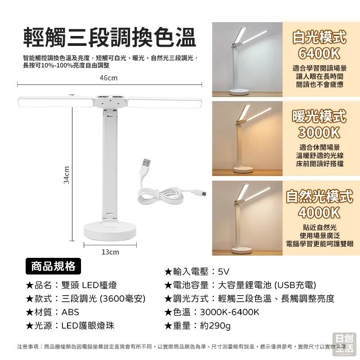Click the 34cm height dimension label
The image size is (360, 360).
click(66, 175)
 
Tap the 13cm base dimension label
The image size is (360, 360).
click(110, 252)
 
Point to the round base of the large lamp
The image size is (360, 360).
click(110, 231)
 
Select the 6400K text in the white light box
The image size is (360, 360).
click(319, 53)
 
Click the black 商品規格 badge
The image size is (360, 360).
click(53, 266)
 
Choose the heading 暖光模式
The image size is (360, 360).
click(319, 116)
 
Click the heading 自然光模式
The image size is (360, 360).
click(319, 196)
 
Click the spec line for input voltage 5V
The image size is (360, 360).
click(197, 271)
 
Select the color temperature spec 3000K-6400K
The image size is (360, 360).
click(212, 312)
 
